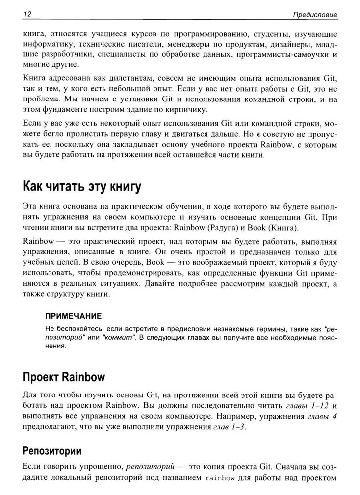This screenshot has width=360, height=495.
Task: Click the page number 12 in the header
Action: coord(27,14)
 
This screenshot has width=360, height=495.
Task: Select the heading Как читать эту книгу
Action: coord(82,187)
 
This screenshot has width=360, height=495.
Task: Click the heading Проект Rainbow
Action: coord(64,377)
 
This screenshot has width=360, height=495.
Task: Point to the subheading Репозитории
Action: coord(52,451)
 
